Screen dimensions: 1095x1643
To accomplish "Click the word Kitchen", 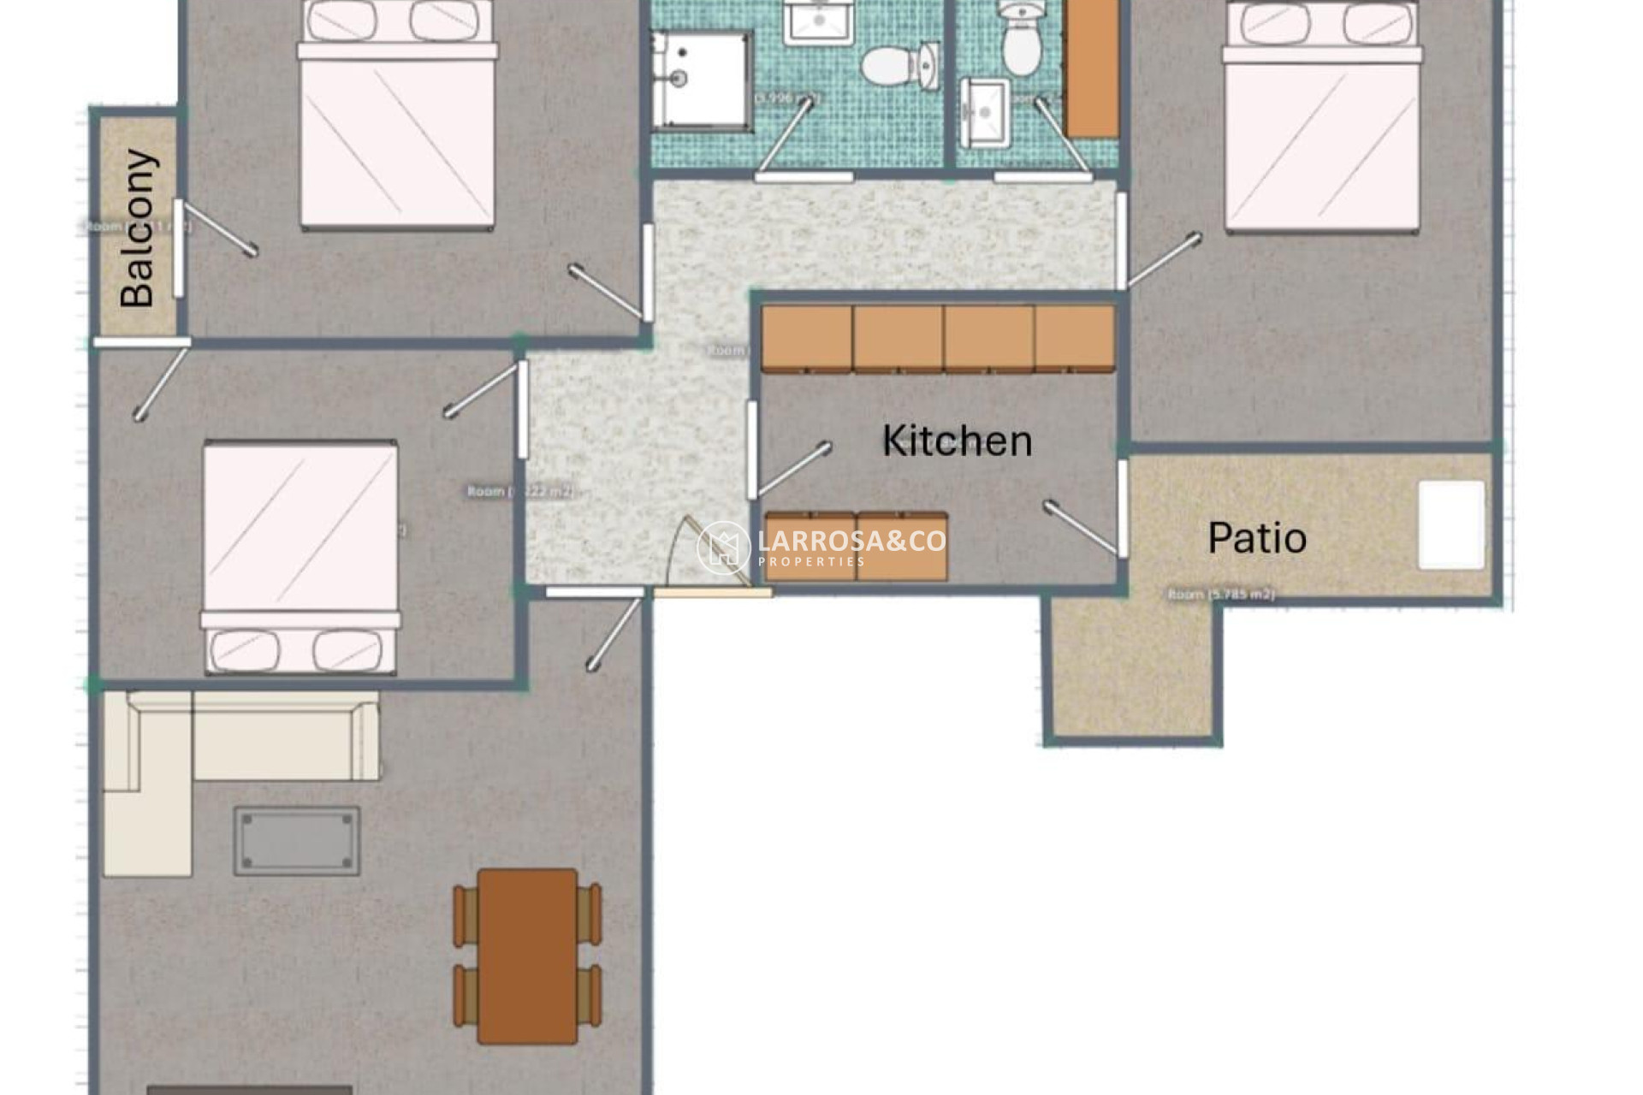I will (957, 441).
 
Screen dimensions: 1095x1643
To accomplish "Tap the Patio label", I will (1256, 538).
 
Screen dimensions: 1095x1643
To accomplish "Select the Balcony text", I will (138, 228).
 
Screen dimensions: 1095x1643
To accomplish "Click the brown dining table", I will (527, 956).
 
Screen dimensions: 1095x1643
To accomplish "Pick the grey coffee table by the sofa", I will (297, 840).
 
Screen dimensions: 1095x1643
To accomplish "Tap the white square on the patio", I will (1451, 524).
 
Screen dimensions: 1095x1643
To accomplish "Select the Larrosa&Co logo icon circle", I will (723, 547).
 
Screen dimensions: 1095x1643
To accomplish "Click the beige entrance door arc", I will (702, 556).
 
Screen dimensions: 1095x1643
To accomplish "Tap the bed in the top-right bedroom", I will (1322, 120).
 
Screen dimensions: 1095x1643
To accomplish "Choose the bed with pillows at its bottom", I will (300, 556).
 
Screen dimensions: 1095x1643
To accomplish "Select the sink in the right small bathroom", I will (984, 111).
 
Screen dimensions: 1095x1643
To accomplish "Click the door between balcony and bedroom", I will (178, 248).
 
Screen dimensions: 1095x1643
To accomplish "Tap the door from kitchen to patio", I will (1122, 509).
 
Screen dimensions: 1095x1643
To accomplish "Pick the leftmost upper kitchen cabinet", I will (806, 339).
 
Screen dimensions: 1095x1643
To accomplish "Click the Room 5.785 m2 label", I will (1221, 594).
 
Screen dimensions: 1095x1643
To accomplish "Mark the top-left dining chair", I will (466, 915).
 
